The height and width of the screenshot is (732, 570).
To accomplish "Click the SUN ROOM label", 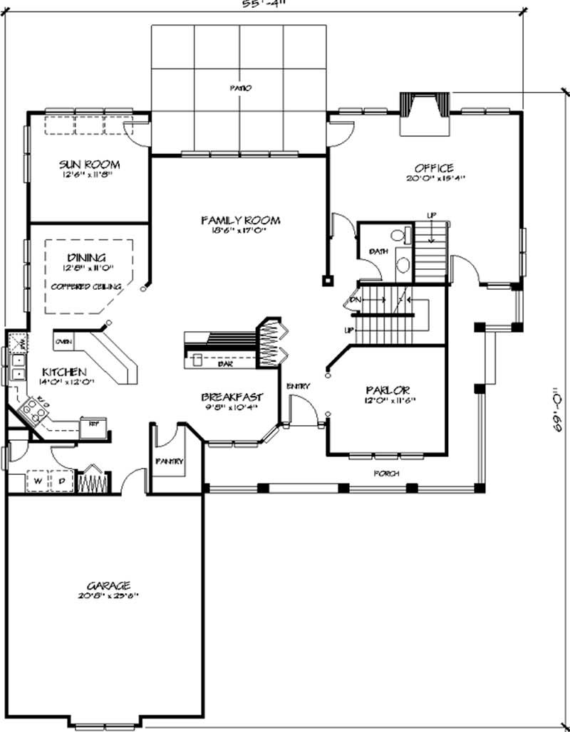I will point(89,164).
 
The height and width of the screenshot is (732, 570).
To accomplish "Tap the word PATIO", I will point(241,88).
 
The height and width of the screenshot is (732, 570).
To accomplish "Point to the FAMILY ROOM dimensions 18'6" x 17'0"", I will point(240,231).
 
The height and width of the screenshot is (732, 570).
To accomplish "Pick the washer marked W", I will point(37,481).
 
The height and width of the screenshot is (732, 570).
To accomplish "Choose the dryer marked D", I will point(61,481).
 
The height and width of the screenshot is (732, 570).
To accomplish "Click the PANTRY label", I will point(169,461).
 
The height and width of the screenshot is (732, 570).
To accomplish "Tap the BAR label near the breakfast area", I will point(223,364).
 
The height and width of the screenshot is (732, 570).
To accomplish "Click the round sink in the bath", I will point(403,266).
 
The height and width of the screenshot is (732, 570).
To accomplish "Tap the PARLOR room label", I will point(387,390).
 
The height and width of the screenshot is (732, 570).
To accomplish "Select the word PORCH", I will point(388,474).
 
